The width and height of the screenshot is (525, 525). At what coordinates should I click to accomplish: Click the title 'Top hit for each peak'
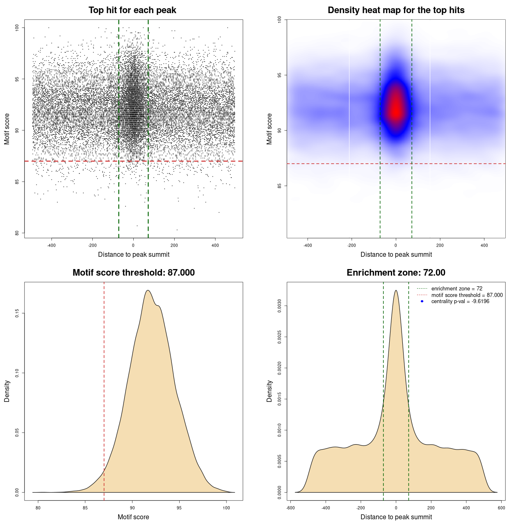click(132, 10)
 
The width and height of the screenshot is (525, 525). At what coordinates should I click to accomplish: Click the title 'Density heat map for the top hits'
click(396, 10)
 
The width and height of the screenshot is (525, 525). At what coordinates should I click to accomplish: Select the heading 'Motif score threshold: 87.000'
click(133, 273)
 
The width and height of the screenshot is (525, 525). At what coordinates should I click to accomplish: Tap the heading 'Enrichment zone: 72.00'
click(396, 273)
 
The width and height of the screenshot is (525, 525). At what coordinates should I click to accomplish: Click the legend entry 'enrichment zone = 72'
click(457, 289)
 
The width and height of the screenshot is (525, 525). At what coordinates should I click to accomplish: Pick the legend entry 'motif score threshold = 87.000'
click(467, 295)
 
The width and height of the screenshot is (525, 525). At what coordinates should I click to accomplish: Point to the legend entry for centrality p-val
click(460, 301)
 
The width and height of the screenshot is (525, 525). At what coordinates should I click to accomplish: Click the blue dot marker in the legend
click(422, 301)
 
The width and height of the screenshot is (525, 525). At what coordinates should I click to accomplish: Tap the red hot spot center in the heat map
click(396, 110)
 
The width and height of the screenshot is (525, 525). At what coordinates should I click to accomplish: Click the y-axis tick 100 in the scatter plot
click(17, 27)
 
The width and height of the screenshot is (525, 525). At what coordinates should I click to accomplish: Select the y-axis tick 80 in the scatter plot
click(17, 233)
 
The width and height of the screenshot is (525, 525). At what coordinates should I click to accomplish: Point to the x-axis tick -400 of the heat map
click(308, 246)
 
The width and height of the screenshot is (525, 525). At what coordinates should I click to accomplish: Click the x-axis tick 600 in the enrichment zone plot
click(502, 508)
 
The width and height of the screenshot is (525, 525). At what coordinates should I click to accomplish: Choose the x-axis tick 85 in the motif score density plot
click(85, 508)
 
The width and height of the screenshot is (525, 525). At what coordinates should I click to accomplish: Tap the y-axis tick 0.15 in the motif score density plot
click(17, 313)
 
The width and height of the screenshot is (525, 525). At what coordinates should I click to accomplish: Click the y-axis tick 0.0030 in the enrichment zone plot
click(280, 306)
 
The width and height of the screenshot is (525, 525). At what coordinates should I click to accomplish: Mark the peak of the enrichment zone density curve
click(396, 290)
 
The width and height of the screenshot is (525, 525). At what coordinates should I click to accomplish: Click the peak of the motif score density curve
click(148, 290)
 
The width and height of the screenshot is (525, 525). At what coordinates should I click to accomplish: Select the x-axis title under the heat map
click(396, 255)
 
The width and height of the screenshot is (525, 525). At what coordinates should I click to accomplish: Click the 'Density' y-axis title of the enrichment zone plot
click(269, 391)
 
